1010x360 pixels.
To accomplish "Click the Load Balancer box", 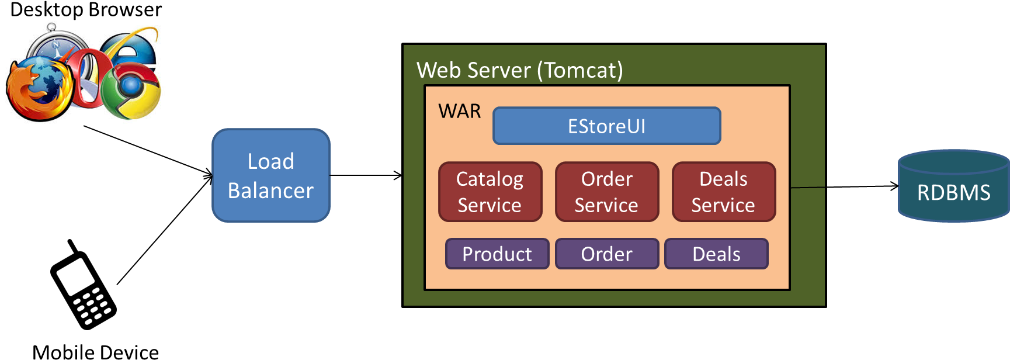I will point(270,175).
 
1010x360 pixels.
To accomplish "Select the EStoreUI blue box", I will point(606,126).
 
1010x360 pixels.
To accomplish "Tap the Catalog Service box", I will point(490,192).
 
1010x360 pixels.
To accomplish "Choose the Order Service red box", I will point(606,192).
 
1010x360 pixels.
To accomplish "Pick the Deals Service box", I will point(723,192).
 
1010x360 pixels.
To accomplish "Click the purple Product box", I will point(497,254).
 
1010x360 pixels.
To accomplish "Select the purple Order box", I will point(606,254).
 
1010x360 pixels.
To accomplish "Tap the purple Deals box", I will point(716,254).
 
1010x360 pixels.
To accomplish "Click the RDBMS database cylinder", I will point(953,187).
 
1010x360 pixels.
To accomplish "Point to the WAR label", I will point(460,111).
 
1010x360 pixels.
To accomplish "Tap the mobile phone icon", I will point(84,291).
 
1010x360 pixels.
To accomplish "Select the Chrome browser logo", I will point(131,91).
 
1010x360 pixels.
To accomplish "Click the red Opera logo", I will point(88,76).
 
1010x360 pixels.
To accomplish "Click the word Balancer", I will point(270,191).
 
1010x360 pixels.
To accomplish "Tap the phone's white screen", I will point(76,276).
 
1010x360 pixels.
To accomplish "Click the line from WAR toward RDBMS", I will point(807,188).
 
